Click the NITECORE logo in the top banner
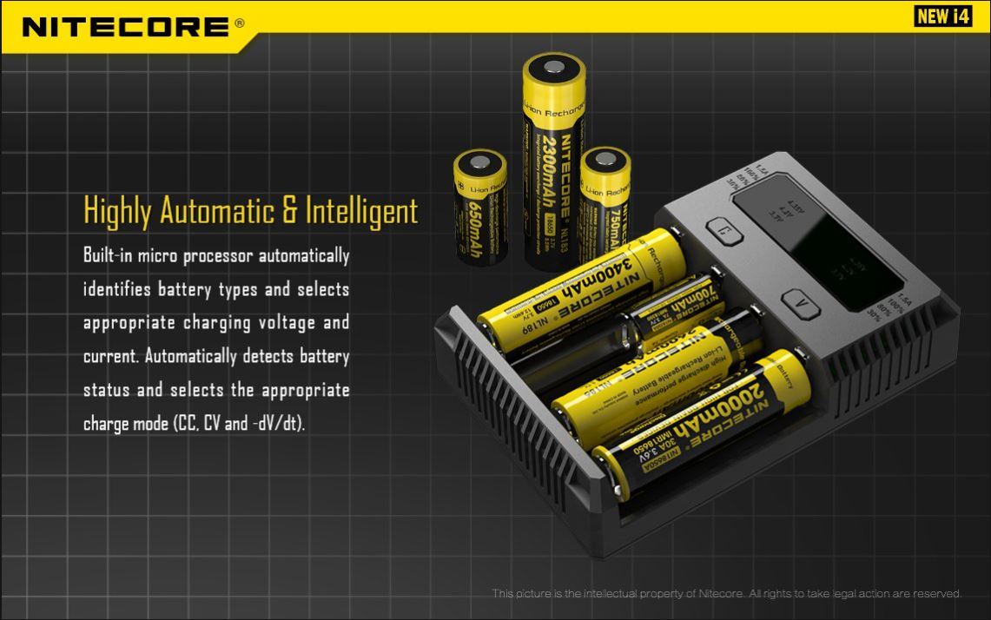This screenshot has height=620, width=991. click(124, 27)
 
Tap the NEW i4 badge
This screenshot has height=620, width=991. click(943, 16)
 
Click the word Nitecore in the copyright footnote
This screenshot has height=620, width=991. click(720, 594)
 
